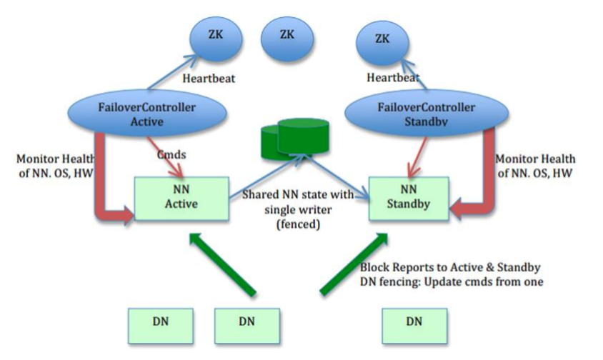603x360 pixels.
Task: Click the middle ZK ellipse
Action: (x=287, y=39)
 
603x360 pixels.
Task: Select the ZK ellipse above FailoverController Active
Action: (x=216, y=39)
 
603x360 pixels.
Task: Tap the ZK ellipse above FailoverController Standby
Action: (x=382, y=44)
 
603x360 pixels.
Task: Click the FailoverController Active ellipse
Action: (x=146, y=114)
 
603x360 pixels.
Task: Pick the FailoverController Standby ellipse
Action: (x=427, y=114)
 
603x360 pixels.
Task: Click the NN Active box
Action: (x=181, y=199)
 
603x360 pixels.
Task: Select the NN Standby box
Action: (x=409, y=199)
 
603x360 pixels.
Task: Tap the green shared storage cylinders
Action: (x=295, y=139)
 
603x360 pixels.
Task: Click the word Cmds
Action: (x=171, y=154)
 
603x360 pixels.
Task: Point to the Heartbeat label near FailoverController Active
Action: (x=209, y=79)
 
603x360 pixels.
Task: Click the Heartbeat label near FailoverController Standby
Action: (x=393, y=78)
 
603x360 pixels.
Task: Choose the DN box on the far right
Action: (x=414, y=326)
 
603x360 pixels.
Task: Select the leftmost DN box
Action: (x=160, y=326)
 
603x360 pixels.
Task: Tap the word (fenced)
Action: (x=299, y=224)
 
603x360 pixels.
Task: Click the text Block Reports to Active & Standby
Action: (x=450, y=267)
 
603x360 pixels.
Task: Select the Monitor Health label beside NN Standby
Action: (x=535, y=166)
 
